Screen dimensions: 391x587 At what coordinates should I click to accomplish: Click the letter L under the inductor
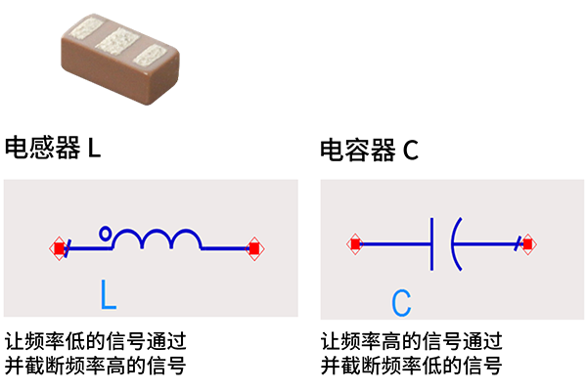(108, 292)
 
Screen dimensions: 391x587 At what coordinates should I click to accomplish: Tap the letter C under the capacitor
(401, 302)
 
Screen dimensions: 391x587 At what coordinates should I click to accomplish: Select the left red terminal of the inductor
(59, 248)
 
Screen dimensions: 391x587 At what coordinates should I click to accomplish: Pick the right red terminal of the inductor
(254, 248)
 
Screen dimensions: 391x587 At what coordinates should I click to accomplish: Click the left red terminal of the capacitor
(356, 243)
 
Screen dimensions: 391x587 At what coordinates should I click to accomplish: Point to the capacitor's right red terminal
(527, 243)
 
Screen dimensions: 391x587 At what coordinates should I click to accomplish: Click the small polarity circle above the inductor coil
(106, 233)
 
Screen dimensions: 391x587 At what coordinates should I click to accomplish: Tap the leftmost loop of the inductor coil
(127, 239)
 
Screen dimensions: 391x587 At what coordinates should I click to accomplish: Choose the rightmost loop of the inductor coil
(188, 239)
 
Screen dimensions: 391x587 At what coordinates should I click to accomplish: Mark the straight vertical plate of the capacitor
(431, 243)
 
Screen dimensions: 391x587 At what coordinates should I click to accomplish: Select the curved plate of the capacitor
(454, 243)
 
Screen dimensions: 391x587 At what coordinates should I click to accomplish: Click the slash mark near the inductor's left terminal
(70, 249)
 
